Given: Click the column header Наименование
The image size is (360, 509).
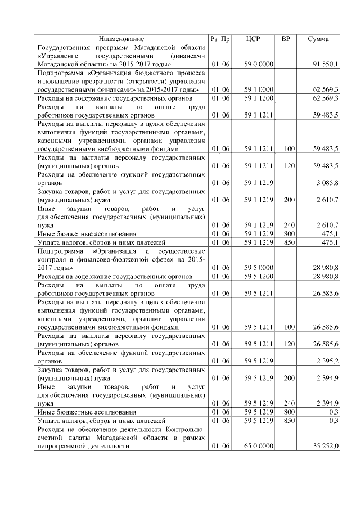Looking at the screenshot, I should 121,39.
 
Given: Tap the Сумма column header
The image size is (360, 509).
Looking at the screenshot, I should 319,39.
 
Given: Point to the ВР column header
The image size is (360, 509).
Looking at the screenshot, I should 285,39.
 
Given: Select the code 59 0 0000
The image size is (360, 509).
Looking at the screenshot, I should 259,65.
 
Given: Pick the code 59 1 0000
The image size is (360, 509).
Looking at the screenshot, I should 259,89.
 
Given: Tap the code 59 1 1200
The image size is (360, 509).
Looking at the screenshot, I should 259,98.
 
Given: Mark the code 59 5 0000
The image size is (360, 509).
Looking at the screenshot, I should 259,268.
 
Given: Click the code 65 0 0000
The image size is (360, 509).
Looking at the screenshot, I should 259,446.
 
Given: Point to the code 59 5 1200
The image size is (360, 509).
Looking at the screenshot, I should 259,277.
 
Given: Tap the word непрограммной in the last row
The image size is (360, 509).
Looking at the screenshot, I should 62,446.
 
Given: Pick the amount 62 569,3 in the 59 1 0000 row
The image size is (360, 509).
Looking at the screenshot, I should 325,89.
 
